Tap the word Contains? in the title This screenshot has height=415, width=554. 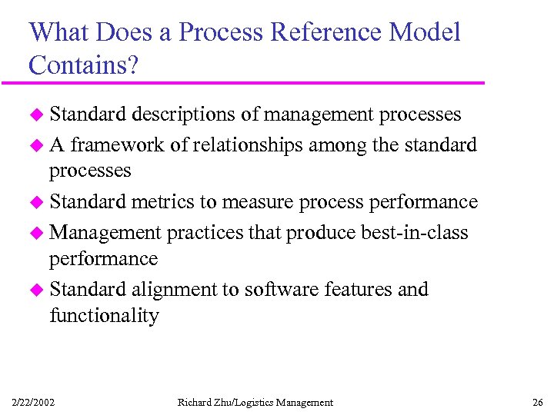84,65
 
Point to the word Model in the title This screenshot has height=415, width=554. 426,33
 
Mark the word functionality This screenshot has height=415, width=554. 104,316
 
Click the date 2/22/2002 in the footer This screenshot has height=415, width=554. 33,402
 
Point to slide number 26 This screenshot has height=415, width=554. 537,402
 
